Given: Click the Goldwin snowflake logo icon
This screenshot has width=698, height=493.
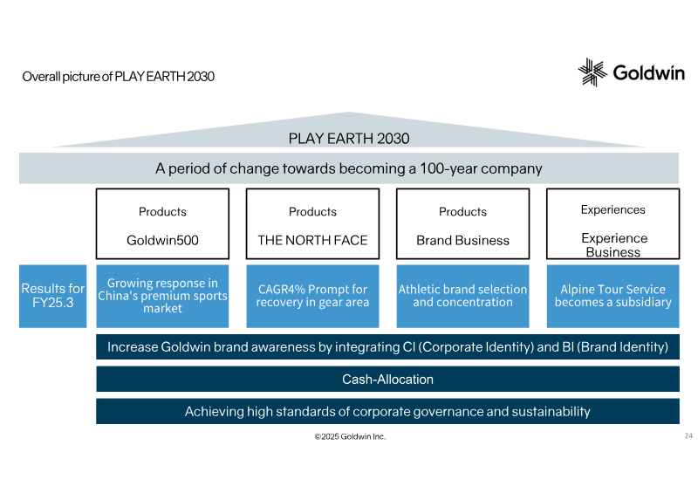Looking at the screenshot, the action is [x=592, y=72].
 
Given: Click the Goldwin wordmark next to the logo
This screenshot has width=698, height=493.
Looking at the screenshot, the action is [x=648, y=72].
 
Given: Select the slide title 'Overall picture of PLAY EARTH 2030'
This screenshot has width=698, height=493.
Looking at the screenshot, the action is [x=119, y=77].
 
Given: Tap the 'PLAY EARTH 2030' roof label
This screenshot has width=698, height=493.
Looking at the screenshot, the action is [x=348, y=139].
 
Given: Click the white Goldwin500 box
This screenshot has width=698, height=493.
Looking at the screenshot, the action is [x=162, y=223].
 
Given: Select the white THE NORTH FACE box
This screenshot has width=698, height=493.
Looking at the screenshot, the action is [x=312, y=223].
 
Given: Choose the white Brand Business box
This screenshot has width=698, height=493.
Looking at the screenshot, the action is [x=463, y=223].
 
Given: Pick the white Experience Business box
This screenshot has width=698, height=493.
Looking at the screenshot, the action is [x=613, y=223].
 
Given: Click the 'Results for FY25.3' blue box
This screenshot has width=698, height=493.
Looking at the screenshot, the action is [x=52, y=296].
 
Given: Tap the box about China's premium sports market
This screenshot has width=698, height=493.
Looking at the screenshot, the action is [x=162, y=296].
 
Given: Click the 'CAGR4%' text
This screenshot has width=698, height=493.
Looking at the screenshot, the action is [x=281, y=290].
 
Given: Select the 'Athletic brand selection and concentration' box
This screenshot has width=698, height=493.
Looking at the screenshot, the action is [x=463, y=296].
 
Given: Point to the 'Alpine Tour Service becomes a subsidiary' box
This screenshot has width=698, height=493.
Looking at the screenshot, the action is [x=613, y=296].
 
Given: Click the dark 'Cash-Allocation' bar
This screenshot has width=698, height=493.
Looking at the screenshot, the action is [x=387, y=379].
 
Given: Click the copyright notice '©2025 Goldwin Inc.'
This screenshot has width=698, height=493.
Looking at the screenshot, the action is [x=350, y=437].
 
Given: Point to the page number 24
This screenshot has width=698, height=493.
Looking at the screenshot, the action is [x=688, y=435].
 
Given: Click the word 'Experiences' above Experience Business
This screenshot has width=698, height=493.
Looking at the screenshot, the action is [x=613, y=209].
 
